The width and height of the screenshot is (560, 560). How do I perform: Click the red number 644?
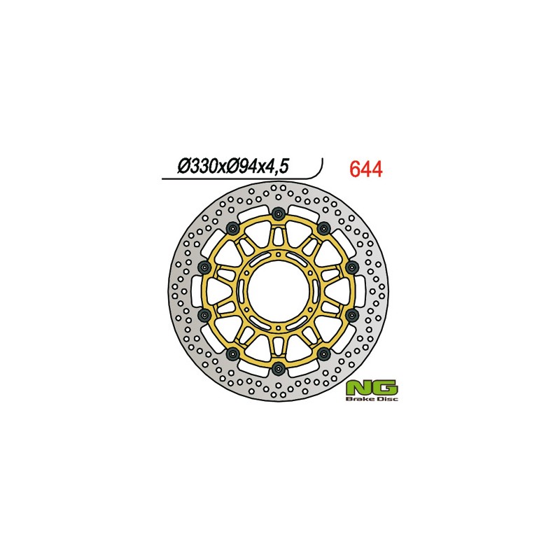tap(365, 169)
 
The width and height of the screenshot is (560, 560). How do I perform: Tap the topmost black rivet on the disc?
tap(279, 213)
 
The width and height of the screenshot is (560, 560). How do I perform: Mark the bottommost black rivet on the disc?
tap(279, 369)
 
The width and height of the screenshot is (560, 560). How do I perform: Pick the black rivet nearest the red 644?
tap(323, 227)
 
